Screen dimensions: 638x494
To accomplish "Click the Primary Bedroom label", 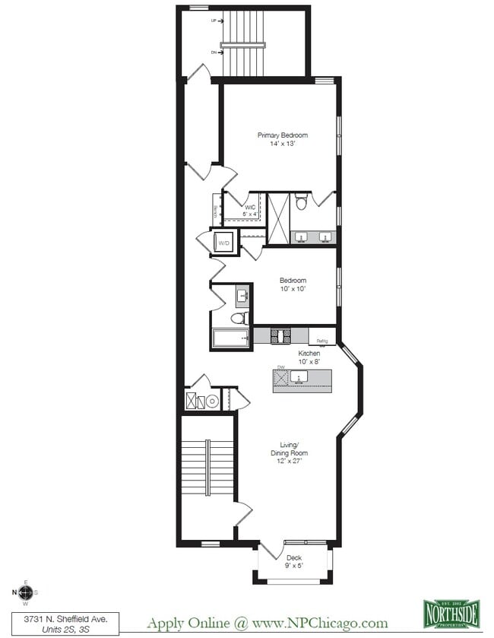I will pos(282,135).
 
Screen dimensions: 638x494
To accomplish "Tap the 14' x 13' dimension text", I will pos(282,144).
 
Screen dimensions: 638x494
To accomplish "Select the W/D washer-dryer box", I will pos(224,243).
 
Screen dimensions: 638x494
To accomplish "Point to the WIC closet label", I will pos(249,207).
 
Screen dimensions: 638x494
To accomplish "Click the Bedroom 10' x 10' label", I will pos(293,284).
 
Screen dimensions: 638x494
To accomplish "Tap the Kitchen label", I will pos(309,354).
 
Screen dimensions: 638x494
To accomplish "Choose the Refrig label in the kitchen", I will pos(322,341).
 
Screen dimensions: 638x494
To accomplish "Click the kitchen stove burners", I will pos(281,335).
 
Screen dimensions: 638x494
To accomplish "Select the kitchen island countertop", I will pos(302,379).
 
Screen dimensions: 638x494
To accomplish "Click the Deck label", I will pos(294,557).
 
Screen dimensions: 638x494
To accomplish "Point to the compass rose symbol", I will pos(25,592).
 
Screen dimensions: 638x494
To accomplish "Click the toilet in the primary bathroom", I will pos(302,202).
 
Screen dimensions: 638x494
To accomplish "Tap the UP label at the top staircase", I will pos(214,21).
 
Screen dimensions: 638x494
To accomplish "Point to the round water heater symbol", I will pos(214,400).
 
